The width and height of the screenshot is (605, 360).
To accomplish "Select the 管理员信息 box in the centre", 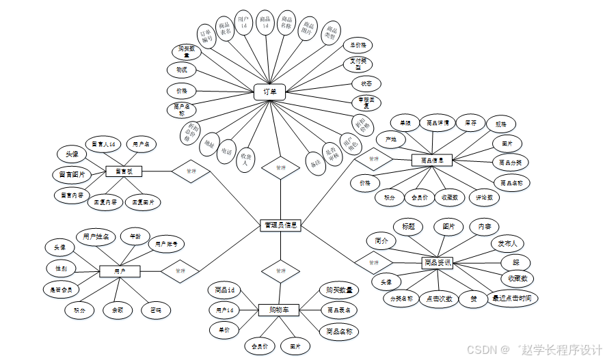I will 280,225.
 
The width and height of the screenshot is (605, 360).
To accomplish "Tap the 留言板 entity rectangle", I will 124,171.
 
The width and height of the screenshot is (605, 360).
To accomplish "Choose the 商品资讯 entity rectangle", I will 438,262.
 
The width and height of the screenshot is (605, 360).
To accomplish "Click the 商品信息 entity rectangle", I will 432,161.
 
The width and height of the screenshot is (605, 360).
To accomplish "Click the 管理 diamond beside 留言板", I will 191,171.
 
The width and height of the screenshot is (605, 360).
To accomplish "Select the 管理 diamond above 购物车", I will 280,271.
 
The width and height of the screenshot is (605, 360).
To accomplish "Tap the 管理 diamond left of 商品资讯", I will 373,262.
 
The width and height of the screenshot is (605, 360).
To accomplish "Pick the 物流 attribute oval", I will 182,70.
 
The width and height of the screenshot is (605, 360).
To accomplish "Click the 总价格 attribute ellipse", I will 358,46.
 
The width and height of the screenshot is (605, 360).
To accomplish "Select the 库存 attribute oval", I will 471,123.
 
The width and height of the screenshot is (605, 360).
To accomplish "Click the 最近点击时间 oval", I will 514,298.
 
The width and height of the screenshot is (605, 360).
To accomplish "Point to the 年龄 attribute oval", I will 134,236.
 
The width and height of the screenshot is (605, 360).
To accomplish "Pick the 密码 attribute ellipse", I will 157,310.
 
